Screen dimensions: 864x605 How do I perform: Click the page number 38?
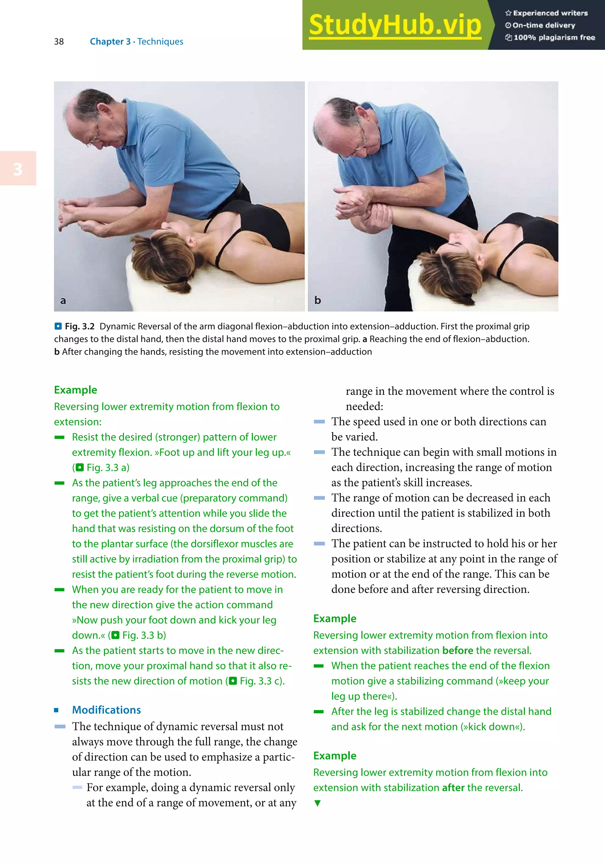click(x=59, y=41)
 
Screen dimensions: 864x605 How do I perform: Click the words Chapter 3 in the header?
click(x=110, y=41)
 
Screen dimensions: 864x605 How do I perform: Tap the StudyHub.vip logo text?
click(x=395, y=25)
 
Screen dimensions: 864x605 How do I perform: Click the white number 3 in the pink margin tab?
click(x=18, y=169)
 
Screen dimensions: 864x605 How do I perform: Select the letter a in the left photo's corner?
click(x=63, y=301)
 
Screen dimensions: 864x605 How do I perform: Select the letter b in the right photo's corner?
click(x=318, y=300)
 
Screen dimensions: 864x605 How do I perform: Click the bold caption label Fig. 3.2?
click(x=79, y=326)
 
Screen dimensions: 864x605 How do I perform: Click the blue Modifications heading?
click(x=106, y=710)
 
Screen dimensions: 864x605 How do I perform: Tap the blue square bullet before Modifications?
click(x=56, y=710)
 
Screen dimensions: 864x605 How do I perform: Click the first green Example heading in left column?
click(x=75, y=390)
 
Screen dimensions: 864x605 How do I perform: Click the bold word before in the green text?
click(x=458, y=651)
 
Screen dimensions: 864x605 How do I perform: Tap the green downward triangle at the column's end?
click(x=318, y=803)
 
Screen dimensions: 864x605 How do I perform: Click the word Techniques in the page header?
click(x=160, y=41)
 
